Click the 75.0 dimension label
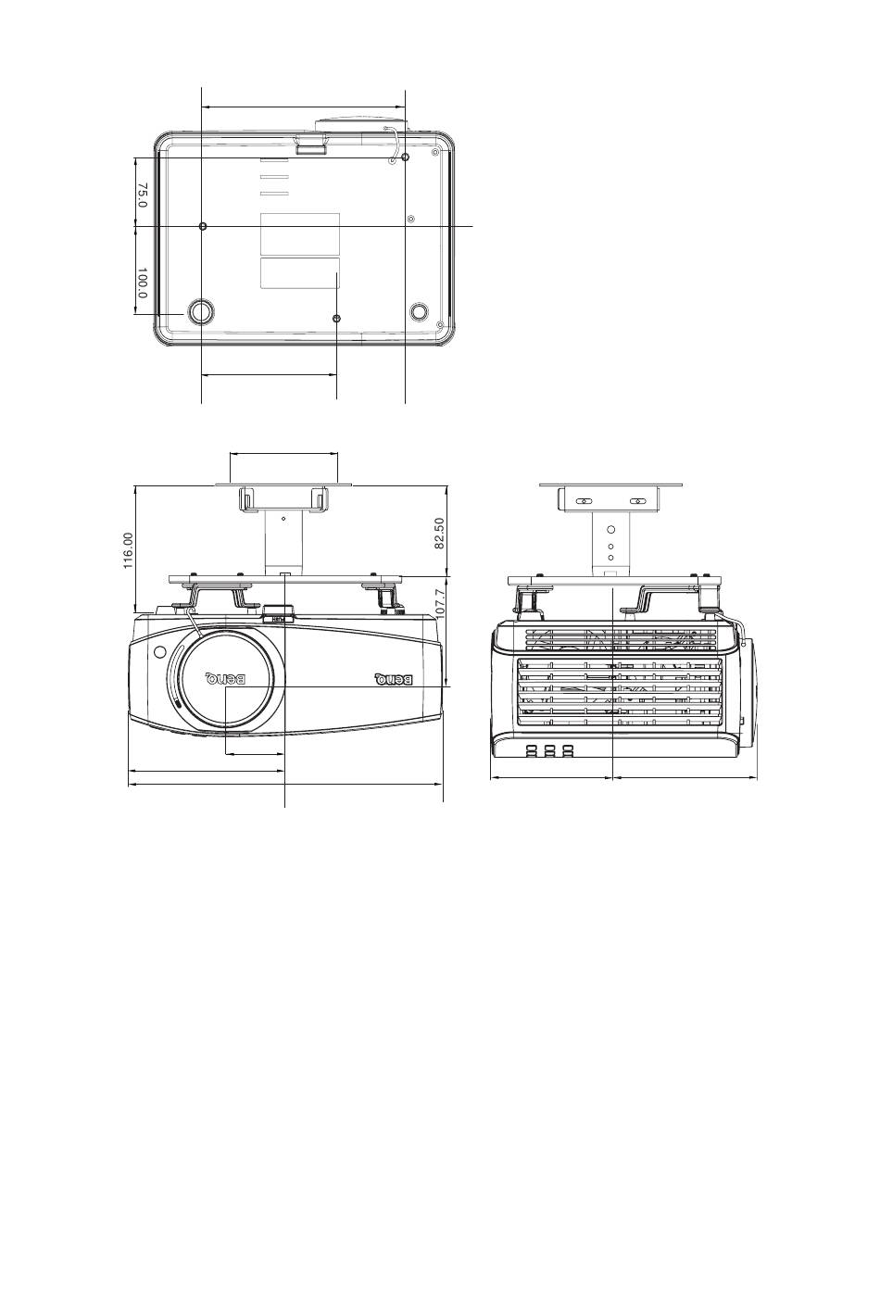click(x=143, y=195)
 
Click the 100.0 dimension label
click(x=143, y=283)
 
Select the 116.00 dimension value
click(x=129, y=551)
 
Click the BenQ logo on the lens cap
click(x=226, y=677)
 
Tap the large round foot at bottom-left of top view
click(x=201, y=312)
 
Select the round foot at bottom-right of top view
click(x=420, y=311)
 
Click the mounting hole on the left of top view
click(x=203, y=226)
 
